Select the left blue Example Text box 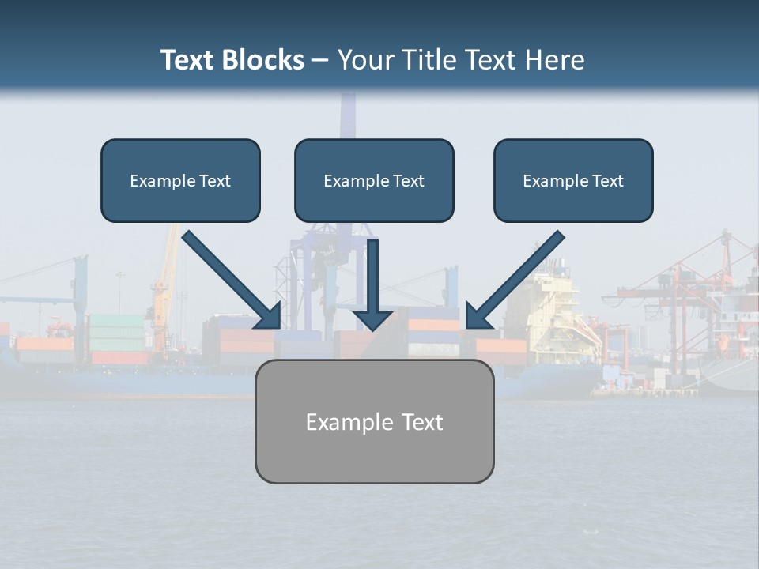[180, 180]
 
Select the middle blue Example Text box [374, 180]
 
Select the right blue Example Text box [573, 180]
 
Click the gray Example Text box [374, 421]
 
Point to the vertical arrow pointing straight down [373, 281]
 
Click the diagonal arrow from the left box [229, 277]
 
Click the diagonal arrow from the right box [518, 277]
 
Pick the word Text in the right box [607, 181]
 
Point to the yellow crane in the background [165, 284]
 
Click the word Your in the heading [362, 60]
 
